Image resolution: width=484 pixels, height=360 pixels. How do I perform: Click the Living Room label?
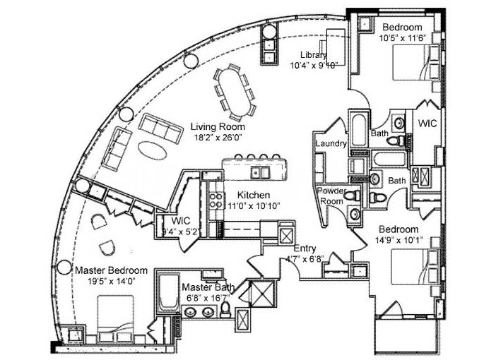click(x=218, y=126)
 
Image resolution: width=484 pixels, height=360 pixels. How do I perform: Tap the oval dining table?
click(x=236, y=92)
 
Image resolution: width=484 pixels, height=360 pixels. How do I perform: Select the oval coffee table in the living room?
click(x=153, y=150)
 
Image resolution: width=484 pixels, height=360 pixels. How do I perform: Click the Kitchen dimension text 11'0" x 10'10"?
click(x=254, y=205)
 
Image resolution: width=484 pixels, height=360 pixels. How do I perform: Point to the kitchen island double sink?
click(x=260, y=172)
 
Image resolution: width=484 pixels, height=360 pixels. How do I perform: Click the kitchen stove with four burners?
click(x=216, y=200)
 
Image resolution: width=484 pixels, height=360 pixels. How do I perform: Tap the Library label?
click(x=313, y=55)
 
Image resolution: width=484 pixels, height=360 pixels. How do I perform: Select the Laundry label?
click(x=331, y=143)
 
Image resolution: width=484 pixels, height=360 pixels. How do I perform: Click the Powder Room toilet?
click(x=353, y=195)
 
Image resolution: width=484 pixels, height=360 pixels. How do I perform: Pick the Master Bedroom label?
click(x=111, y=270)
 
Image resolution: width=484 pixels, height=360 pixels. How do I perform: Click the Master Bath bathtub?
click(x=169, y=292)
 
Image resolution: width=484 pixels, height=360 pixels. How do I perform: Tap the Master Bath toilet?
click(x=225, y=310)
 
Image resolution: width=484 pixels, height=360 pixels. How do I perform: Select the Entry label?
click(x=305, y=248)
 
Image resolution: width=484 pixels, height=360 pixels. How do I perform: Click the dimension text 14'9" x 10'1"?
click(x=399, y=239)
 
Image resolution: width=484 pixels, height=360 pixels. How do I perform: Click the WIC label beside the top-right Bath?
click(x=427, y=124)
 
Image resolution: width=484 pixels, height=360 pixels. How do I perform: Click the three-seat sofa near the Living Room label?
click(x=160, y=128)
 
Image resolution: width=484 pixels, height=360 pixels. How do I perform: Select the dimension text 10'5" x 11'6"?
click(x=403, y=37)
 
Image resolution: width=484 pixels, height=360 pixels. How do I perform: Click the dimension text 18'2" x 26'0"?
click(x=218, y=137)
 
